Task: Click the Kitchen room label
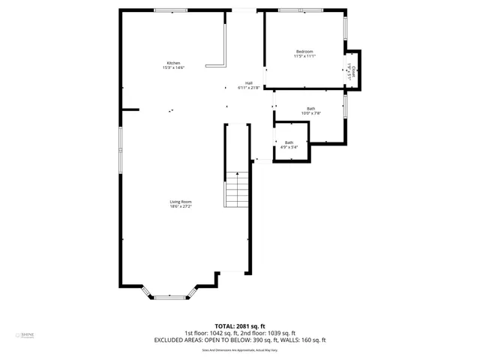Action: (x=173, y=63)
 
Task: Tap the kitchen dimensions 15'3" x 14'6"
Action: (x=173, y=68)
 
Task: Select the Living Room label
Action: (x=180, y=201)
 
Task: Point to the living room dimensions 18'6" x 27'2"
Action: (x=180, y=206)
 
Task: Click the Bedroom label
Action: (x=304, y=51)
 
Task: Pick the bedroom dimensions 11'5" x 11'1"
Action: (x=304, y=56)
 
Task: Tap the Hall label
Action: (x=248, y=82)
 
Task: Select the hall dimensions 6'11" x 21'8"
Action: (x=248, y=88)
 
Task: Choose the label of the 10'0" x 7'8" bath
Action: (x=310, y=108)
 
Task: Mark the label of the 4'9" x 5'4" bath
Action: (x=289, y=142)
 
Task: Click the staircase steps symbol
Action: (x=236, y=189)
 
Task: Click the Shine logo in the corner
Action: (x=28, y=334)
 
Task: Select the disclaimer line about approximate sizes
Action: (x=239, y=350)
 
